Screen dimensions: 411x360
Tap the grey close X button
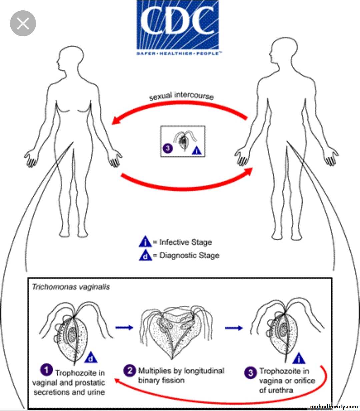pos(23,23)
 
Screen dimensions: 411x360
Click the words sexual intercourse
pos(181,96)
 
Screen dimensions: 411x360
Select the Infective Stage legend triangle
pos(145,242)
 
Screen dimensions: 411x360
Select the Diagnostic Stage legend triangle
pos(145,255)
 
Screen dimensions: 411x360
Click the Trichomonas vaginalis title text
pos(71,287)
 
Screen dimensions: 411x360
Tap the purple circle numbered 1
pos(46,370)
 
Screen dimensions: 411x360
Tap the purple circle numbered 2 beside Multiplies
pos(130,371)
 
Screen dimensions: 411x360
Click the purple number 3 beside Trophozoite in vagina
pos(250,372)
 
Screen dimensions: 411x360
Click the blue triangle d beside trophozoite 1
pos(91,358)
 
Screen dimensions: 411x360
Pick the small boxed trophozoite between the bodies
pos(183,141)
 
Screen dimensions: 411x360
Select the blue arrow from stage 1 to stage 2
pos(124,328)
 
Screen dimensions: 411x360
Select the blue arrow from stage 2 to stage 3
pos(234,328)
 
